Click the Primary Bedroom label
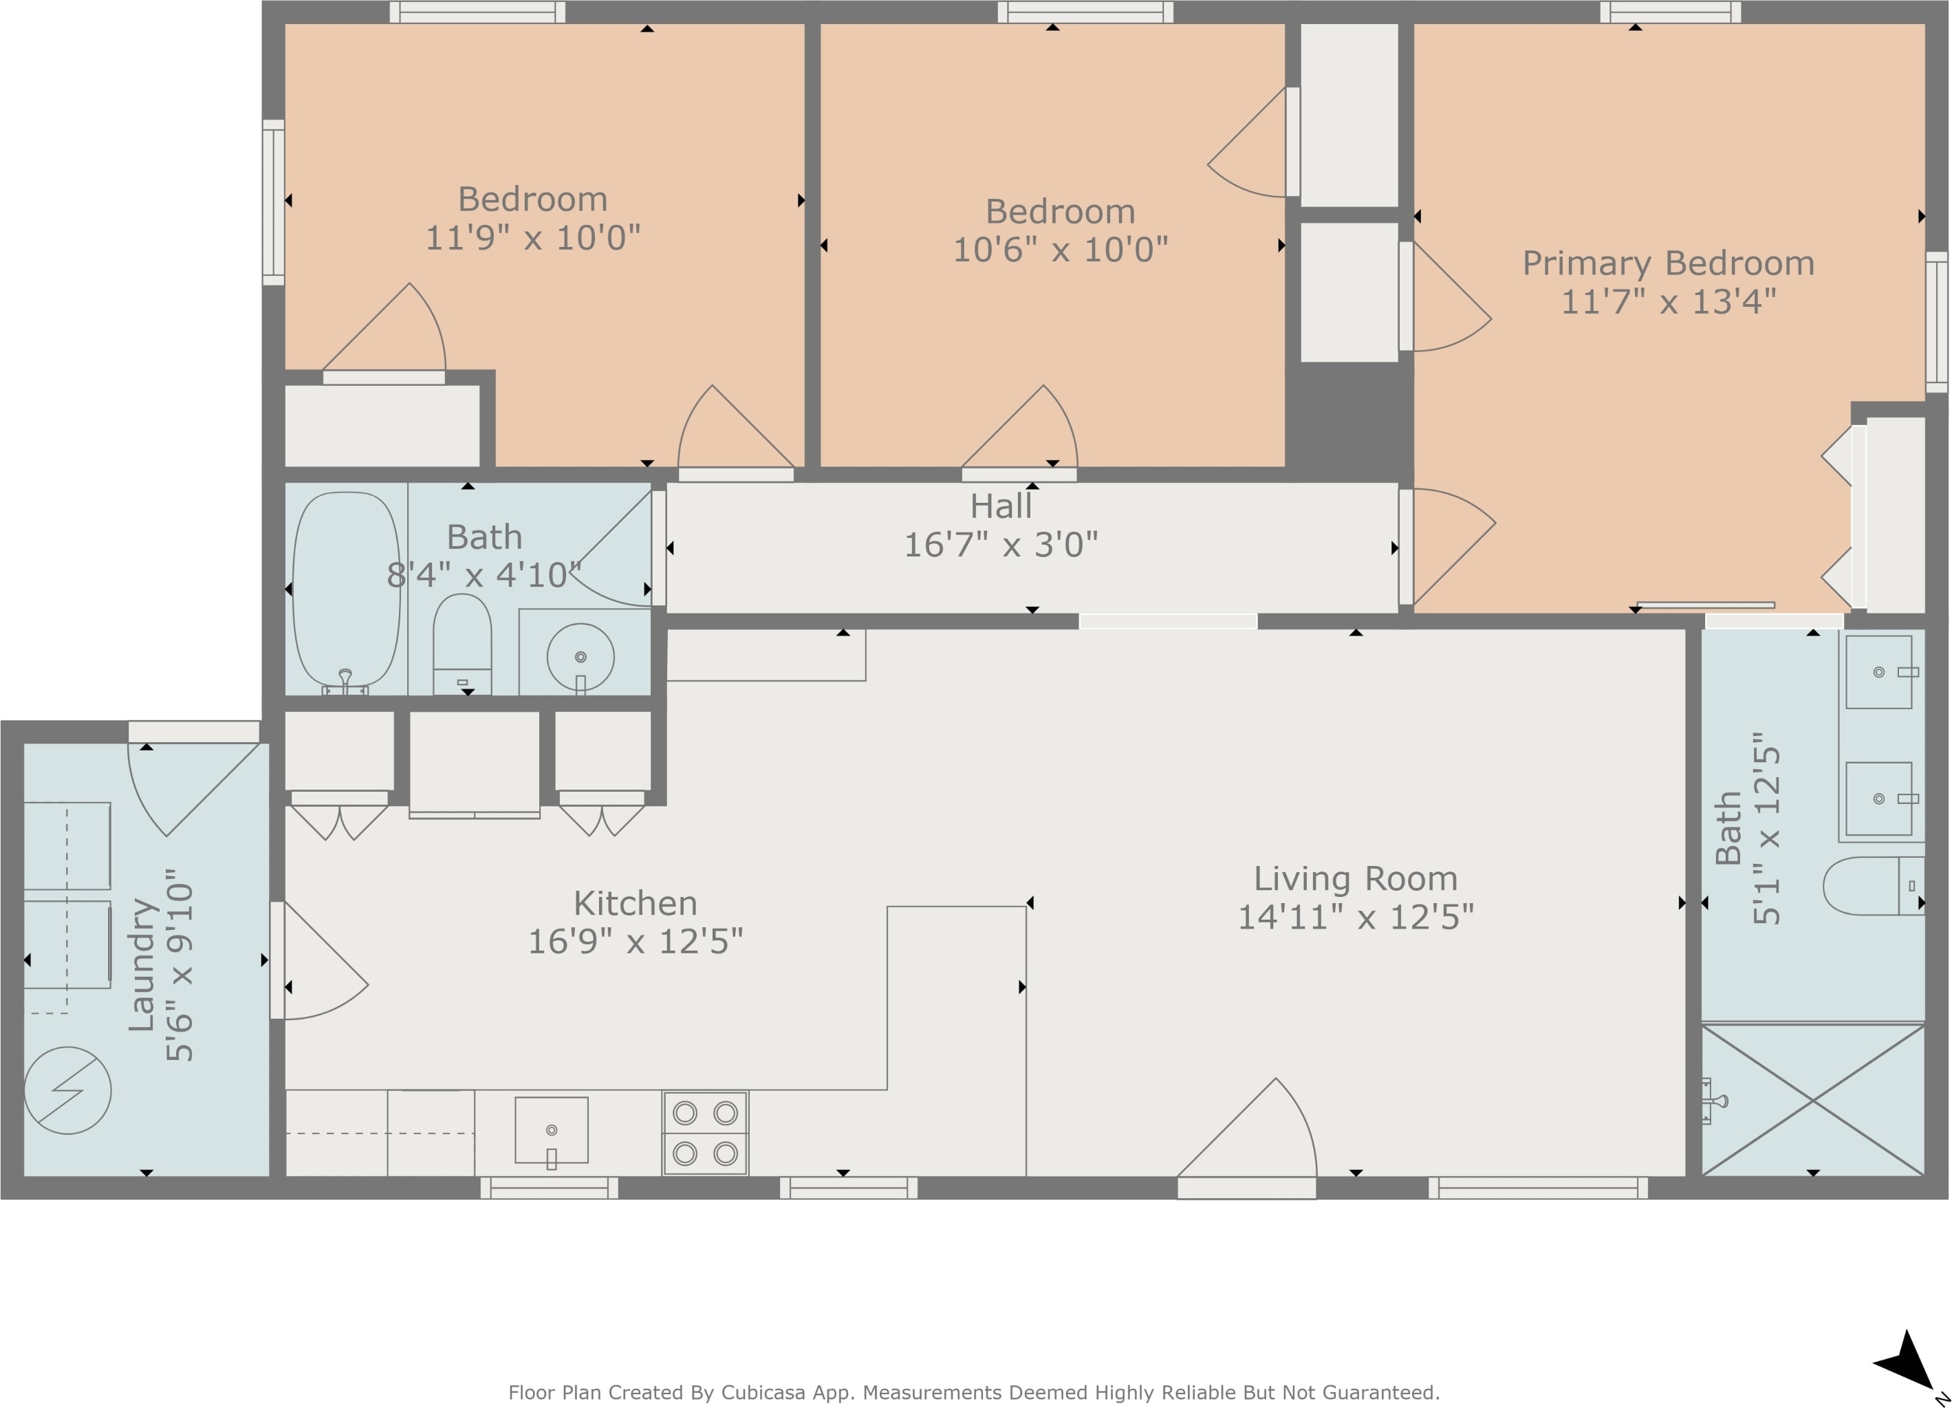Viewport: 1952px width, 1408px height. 1668,263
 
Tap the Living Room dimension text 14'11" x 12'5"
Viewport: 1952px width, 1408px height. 1356,918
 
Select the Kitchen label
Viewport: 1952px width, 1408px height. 635,904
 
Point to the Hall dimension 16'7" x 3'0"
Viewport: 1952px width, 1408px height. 1001,545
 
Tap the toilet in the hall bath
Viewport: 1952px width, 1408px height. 462,644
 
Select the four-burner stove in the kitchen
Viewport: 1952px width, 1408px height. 705,1133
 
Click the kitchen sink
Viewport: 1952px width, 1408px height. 552,1130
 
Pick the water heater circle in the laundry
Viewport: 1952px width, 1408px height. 67,1090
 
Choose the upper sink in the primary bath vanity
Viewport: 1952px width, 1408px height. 1879,672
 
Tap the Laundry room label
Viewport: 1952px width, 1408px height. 141,965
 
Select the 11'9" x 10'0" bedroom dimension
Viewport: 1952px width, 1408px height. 534,237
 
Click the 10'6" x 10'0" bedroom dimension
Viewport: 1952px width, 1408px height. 1061,250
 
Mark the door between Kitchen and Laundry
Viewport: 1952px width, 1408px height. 319,960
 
